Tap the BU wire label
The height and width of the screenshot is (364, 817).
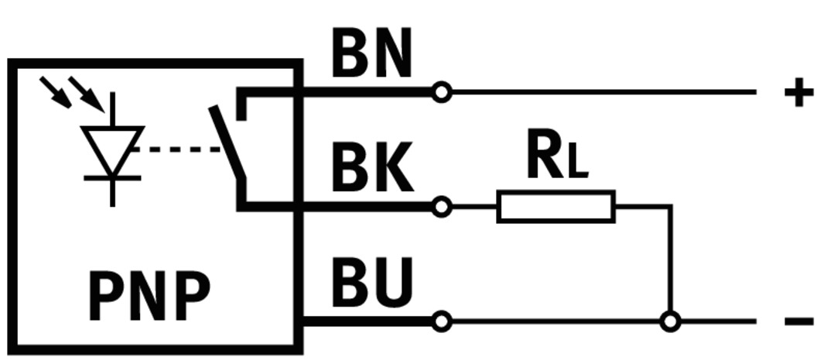point(371,283)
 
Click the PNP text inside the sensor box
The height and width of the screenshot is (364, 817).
point(149,296)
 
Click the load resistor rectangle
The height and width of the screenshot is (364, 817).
point(555,207)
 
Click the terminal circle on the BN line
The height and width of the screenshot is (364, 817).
point(441,92)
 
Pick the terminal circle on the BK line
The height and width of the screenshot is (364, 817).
point(441,207)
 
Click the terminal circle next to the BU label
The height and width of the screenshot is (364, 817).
point(441,321)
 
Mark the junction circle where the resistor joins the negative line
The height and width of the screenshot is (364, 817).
point(671,321)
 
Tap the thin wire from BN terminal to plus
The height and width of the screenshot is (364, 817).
point(603,92)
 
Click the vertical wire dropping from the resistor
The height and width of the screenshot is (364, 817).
point(671,263)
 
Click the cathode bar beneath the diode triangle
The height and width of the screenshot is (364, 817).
point(113,178)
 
